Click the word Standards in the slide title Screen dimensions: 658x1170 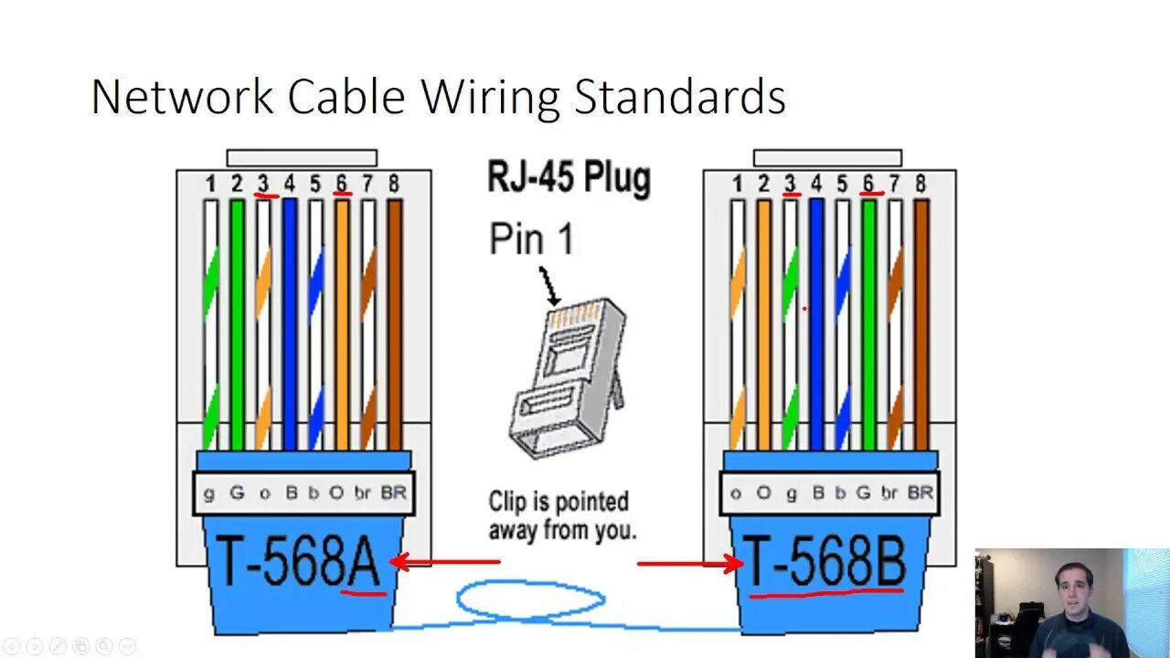[x=679, y=98]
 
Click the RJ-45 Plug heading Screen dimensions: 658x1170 [x=568, y=177]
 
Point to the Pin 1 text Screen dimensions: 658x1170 [x=532, y=239]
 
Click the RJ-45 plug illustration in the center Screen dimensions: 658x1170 [x=567, y=375]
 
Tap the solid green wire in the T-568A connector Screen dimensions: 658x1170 [x=237, y=320]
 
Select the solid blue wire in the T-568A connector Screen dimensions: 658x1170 [x=290, y=320]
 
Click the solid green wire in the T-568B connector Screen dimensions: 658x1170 [x=868, y=320]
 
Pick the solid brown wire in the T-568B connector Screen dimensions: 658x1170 [x=921, y=320]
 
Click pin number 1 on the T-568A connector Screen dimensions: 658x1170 [x=210, y=184]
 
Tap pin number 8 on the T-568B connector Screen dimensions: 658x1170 [x=920, y=184]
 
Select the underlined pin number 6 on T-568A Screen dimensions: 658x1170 [x=341, y=184]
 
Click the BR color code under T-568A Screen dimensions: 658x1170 [x=393, y=493]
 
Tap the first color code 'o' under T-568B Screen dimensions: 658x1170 [x=736, y=493]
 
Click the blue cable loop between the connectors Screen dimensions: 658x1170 [x=530, y=600]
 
